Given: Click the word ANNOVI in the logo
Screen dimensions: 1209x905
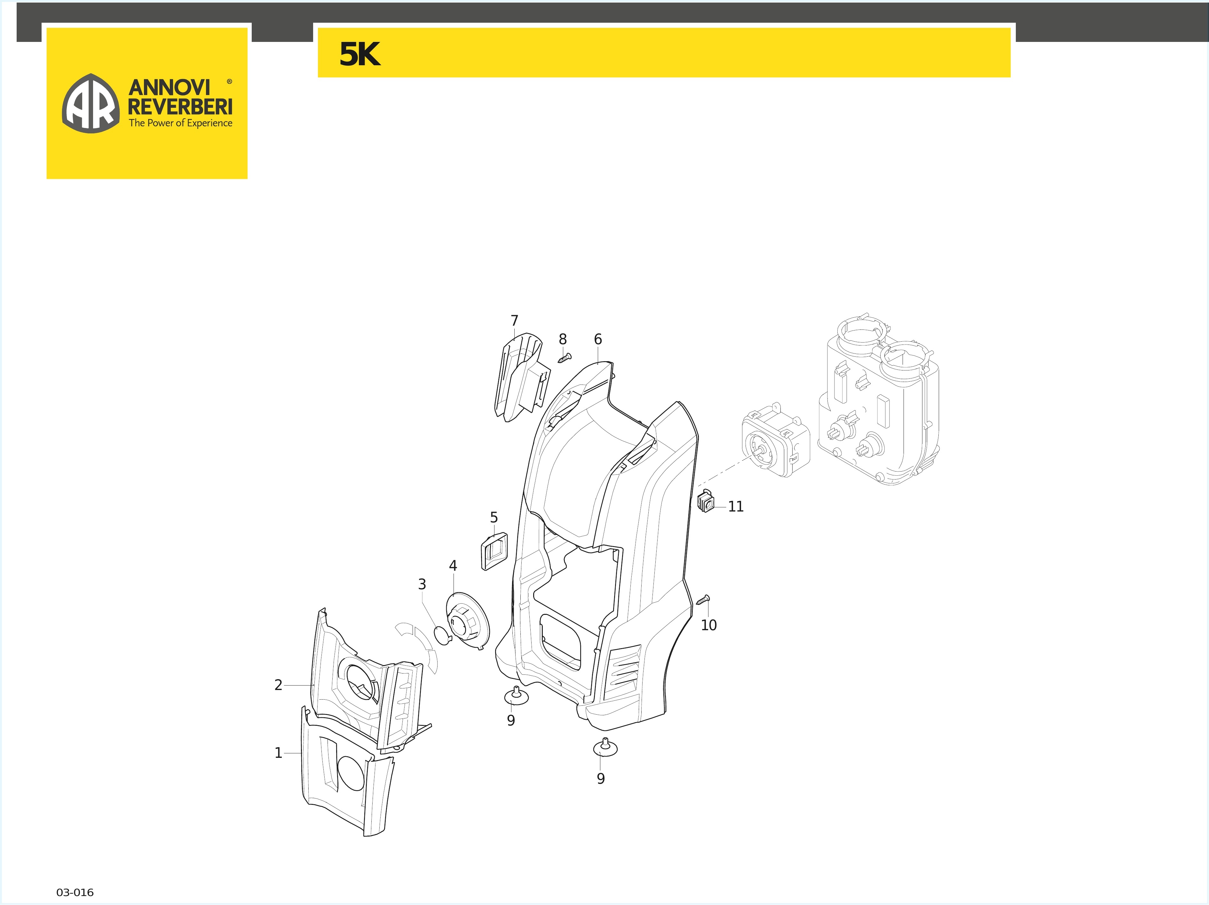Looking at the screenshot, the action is point(169,87).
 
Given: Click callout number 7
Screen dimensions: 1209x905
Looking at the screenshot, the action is point(514,321).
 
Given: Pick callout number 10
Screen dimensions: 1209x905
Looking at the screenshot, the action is point(708,625).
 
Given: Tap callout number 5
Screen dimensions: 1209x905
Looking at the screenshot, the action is point(494,517).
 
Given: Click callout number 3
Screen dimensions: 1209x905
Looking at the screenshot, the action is point(422,584).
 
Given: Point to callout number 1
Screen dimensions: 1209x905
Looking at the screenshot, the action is point(278,753).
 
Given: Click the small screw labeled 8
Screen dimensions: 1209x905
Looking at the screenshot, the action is point(565,358).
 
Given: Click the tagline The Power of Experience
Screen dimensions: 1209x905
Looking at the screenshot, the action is point(180,123).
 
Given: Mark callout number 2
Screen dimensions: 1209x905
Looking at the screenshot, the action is point(278,685).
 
